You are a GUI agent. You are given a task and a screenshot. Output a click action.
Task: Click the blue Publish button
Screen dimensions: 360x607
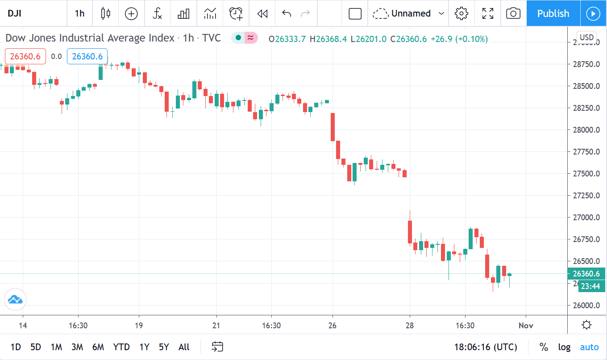553,13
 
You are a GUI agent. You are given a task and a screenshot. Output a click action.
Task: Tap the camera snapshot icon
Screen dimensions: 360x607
513,13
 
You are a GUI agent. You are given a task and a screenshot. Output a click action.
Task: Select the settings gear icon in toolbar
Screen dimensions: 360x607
461,13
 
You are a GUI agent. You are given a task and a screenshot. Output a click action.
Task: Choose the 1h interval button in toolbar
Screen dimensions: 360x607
79,13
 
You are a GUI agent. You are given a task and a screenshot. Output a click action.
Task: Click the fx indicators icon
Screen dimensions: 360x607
157,13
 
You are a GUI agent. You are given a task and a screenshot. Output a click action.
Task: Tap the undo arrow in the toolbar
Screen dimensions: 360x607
287,13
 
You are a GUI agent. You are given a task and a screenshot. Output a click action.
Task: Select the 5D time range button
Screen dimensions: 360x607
36,347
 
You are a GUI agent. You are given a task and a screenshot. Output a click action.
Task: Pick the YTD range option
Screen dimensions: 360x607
121,347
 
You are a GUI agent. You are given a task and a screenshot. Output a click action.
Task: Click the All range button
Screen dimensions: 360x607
184,347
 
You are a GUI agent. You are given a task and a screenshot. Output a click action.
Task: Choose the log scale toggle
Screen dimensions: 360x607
564,347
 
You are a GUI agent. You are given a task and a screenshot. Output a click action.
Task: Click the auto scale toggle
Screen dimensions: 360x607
589,347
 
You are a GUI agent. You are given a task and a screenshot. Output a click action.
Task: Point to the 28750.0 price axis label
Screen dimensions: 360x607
586,64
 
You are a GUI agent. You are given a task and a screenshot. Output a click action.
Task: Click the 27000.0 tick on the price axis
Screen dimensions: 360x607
586,218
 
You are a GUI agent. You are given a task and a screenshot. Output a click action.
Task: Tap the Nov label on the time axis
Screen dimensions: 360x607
526,326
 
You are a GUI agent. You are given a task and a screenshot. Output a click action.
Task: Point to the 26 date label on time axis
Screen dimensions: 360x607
332,326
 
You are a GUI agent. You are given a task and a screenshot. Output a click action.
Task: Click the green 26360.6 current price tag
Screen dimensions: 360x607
586,273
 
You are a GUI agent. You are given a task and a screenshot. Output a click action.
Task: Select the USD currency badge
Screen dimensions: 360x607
586,38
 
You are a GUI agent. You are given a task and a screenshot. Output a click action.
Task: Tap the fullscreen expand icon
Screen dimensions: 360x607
488,13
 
